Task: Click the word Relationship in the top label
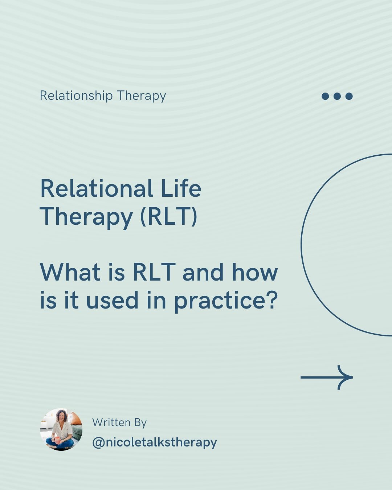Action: [76, 96]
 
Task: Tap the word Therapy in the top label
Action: [142, 96]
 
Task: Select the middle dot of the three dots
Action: [337, 96]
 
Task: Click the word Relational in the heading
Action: [97, 189]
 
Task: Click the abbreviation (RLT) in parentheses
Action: [169, 217]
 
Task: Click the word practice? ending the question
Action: [226, 301]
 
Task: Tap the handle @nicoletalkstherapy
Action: [155, 442]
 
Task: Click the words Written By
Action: [119, 422]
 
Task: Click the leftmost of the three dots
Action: [326, 96]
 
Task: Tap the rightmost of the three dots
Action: [349, 96]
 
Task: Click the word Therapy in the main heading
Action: [86, 217]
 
